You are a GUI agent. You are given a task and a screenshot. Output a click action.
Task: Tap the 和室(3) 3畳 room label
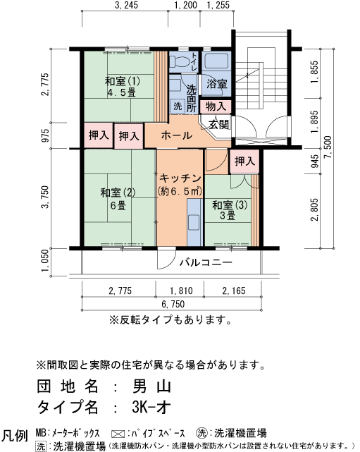click(230, 210)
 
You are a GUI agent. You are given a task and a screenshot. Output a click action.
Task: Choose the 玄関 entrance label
click(218, 125)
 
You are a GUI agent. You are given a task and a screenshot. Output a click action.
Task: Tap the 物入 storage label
click(216, 106)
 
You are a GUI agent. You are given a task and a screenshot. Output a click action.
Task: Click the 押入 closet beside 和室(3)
click(244, 161)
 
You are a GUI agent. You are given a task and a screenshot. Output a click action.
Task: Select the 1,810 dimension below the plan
click(181, 291)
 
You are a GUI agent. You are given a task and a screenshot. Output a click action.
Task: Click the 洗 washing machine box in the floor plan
click(178, 106)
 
